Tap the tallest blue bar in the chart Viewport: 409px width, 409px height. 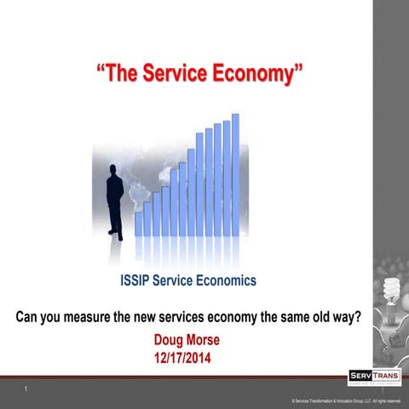tap(235, 175)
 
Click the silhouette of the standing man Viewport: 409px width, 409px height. tap(116, 199)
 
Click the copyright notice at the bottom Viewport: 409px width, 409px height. tap(345, 400)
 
